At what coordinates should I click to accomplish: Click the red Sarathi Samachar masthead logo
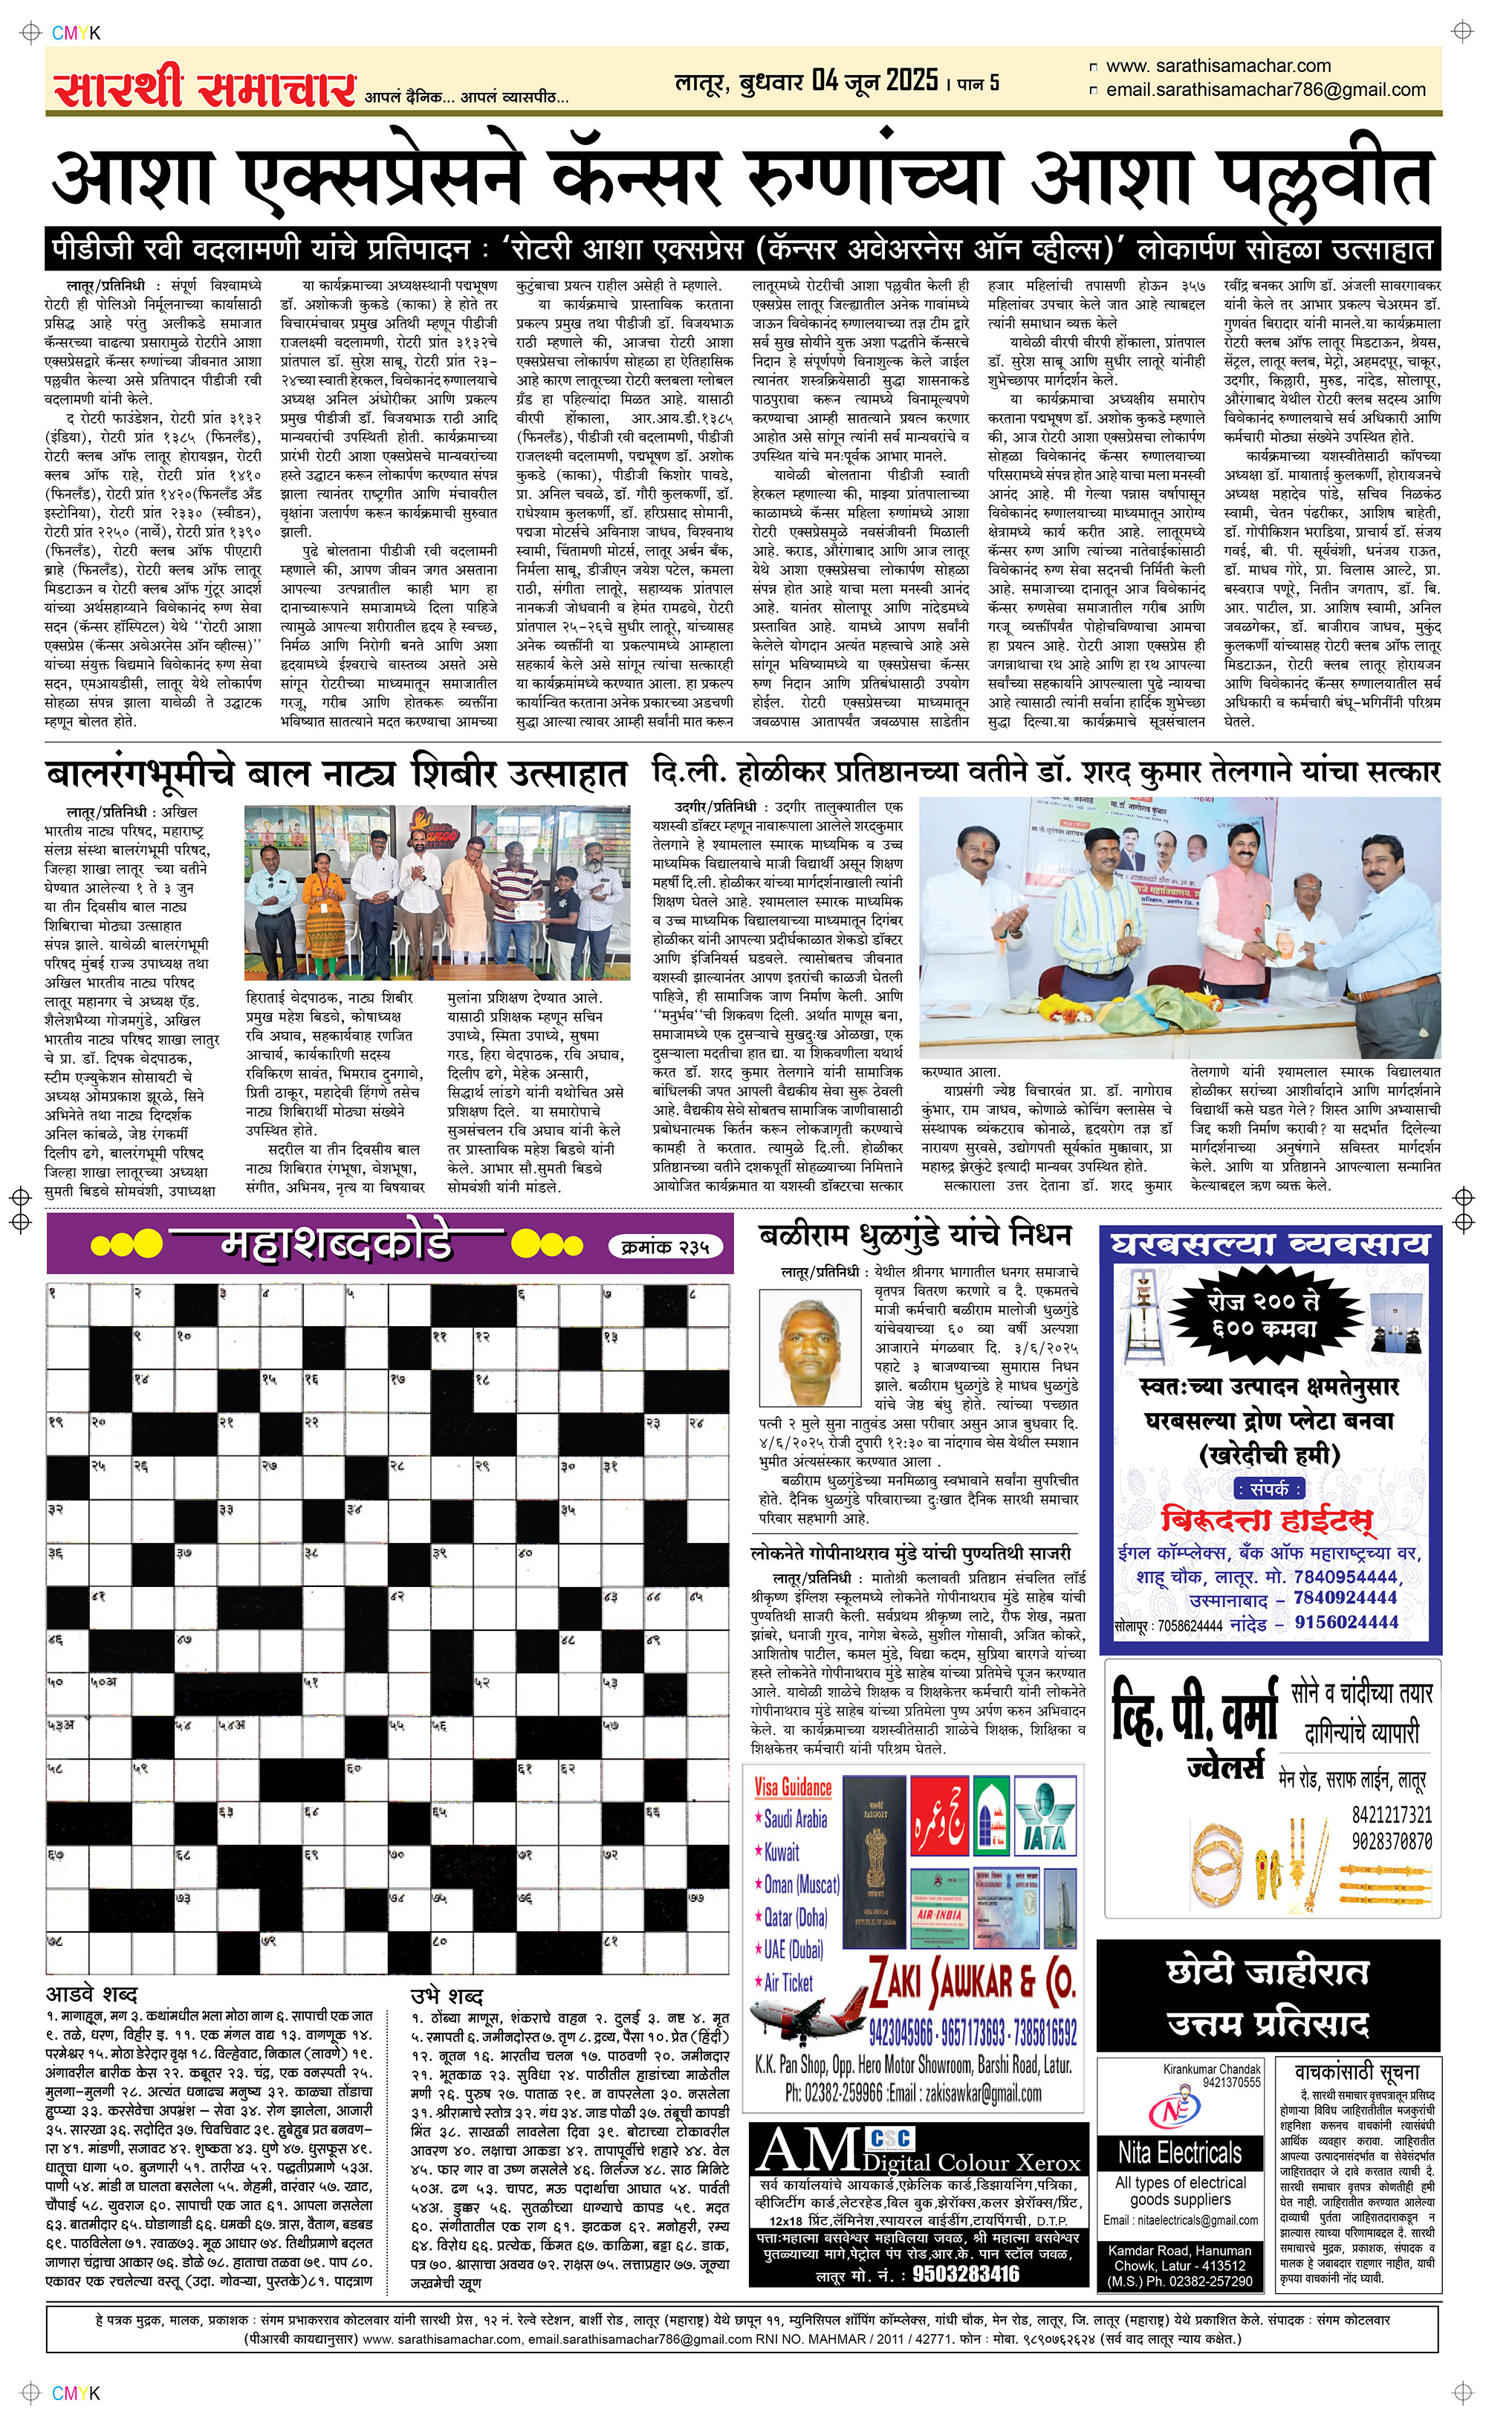point(204,88)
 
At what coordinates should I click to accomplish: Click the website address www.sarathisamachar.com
point(1218,66)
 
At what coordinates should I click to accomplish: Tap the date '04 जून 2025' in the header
point(875,80)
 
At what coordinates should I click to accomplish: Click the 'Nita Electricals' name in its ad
point(1179,2153)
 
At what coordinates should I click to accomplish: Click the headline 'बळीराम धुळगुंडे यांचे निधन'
point(915,1235)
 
